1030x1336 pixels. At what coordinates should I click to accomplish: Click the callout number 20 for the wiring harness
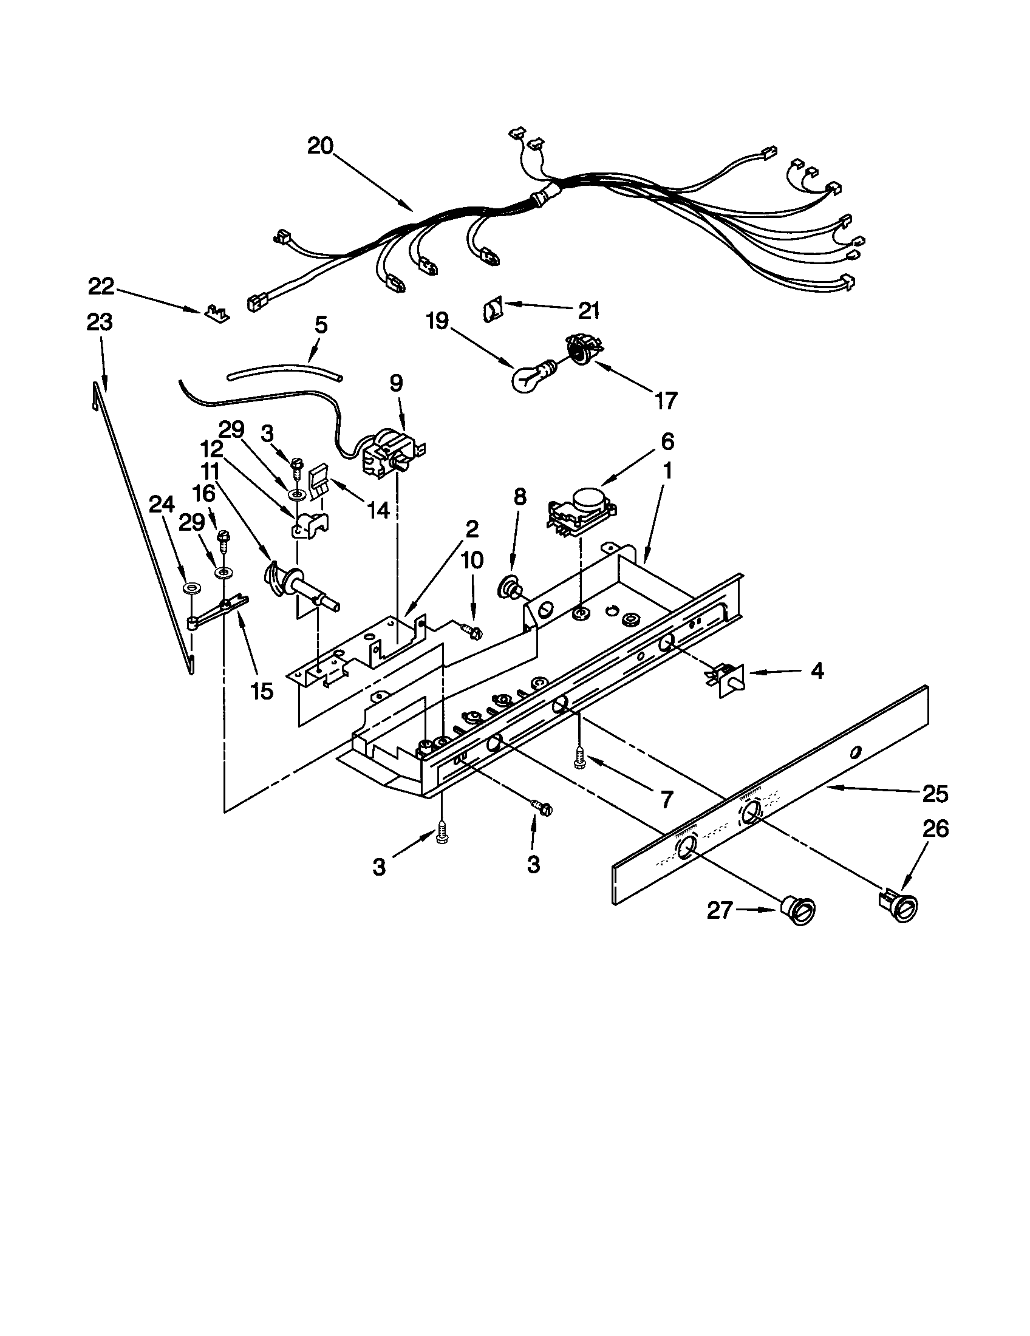(x=320, y=146)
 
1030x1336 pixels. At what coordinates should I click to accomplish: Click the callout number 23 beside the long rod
(x=100, y=322)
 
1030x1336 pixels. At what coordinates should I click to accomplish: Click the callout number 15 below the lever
(x=261, y=691)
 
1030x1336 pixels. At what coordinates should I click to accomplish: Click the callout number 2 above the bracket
(x=471, y=528)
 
